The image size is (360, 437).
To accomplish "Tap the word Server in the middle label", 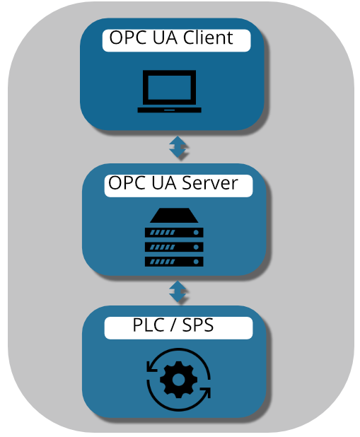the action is pyautogui.click(x=209, y=183).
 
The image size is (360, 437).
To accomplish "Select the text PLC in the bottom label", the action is pyautogui.click(x=149, y=325).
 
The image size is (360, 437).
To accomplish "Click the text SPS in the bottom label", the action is pyautogui.click(x=198, y=325).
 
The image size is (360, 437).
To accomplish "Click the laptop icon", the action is pyautogui.click(x=169, y=91).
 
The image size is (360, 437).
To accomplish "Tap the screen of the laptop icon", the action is pyautogui.click(x=169, y=88).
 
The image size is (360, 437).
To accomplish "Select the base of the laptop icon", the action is pyautogui.click(x=169, y=110).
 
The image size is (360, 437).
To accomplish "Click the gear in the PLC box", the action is pyautogui.click(x=179, y=379).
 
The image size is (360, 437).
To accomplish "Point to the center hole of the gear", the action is pyautogui.click(x=179, y=379).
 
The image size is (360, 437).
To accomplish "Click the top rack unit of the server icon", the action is pyautogui.click(x=174, y=233).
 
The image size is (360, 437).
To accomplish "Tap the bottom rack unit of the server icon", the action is pyautogui.click(x=174, y=262).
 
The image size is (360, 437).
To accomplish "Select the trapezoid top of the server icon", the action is pyautogui.click(x=174, y=215).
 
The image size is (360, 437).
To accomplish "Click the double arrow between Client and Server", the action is pyautogui.click(x=178, y=147).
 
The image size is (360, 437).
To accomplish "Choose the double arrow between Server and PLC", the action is pyautogui.click(x=178, y=291).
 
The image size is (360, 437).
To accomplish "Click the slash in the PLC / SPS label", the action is pyautogui.click(x=173, y=325).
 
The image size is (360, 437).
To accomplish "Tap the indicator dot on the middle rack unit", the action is pyautogui.click(x=196, y=247).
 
